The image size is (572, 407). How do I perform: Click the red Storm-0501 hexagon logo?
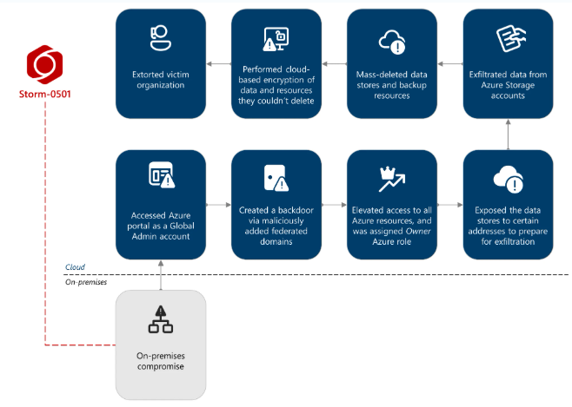[44, 64]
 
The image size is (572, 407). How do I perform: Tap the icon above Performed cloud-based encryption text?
[276, 39]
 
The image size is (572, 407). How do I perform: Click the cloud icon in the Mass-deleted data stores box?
[391, 40]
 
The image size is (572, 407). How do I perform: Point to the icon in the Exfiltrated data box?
[507, 38]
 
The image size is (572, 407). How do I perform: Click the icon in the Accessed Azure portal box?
[161, 176]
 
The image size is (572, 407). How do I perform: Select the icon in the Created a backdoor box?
[276, 177]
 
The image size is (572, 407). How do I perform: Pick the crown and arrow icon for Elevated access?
[391, 177]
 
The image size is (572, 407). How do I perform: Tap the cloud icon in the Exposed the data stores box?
[507, 179]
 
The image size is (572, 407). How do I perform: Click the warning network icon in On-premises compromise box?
[161, 319]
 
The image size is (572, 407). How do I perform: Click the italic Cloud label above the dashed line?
[75, 267]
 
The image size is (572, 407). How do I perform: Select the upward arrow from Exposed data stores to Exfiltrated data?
[508, 134]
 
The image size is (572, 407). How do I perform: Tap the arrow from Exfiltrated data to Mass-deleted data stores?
[449, 64]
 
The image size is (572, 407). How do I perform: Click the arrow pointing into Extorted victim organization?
[218, 64]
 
